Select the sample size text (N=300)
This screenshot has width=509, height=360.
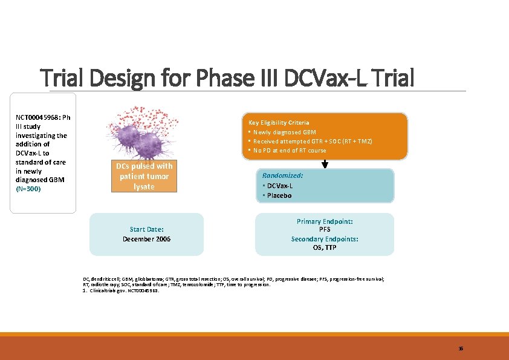click(29, 189)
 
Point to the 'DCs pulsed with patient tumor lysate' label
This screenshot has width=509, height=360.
click(144, 176)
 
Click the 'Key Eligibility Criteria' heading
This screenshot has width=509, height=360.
click(279, 122)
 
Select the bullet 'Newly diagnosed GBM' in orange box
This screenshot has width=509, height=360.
click(284, 132)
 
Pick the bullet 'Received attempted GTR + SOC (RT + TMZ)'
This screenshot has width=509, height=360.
click(312, 141)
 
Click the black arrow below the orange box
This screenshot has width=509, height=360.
click(325, 163)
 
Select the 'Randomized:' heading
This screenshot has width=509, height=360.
click(283, 175)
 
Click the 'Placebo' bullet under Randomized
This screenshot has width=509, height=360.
click(279, 195)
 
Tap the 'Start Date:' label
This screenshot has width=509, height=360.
click(146, 229)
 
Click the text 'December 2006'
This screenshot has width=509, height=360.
click(146, 239)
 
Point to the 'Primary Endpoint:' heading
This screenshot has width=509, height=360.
click(325, 221)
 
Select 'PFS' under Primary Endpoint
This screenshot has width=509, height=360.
click(325, 230)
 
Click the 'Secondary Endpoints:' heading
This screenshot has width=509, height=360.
click(325, 239)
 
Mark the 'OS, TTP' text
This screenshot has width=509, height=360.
click(325, 247)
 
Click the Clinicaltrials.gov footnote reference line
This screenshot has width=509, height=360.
click(121, 290)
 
